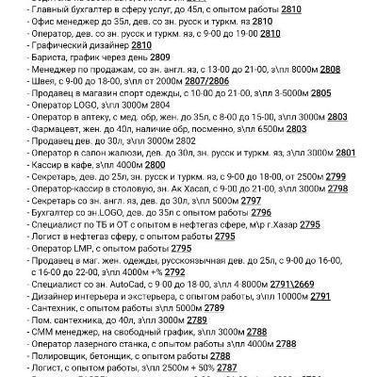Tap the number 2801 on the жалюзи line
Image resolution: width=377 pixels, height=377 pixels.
coord(345,153)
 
